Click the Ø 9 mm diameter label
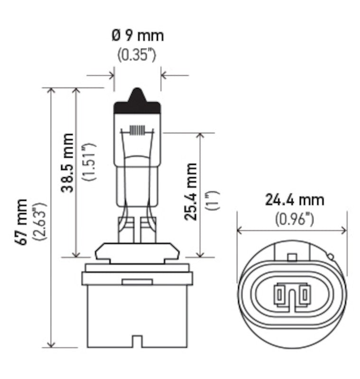137,36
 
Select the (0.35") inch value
137,54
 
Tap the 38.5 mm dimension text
68,162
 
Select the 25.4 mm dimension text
191,191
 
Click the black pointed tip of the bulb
137,95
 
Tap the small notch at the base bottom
137,341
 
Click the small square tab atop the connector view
292,257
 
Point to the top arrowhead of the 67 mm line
50,91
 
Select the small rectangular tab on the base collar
137,282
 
